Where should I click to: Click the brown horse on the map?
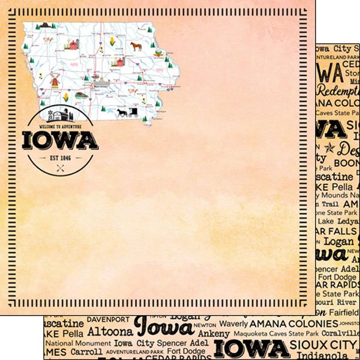click(136, 45)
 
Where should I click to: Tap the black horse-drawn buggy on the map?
click(124, 112)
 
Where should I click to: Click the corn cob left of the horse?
click(112, 41)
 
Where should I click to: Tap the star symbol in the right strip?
click(329, 147)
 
